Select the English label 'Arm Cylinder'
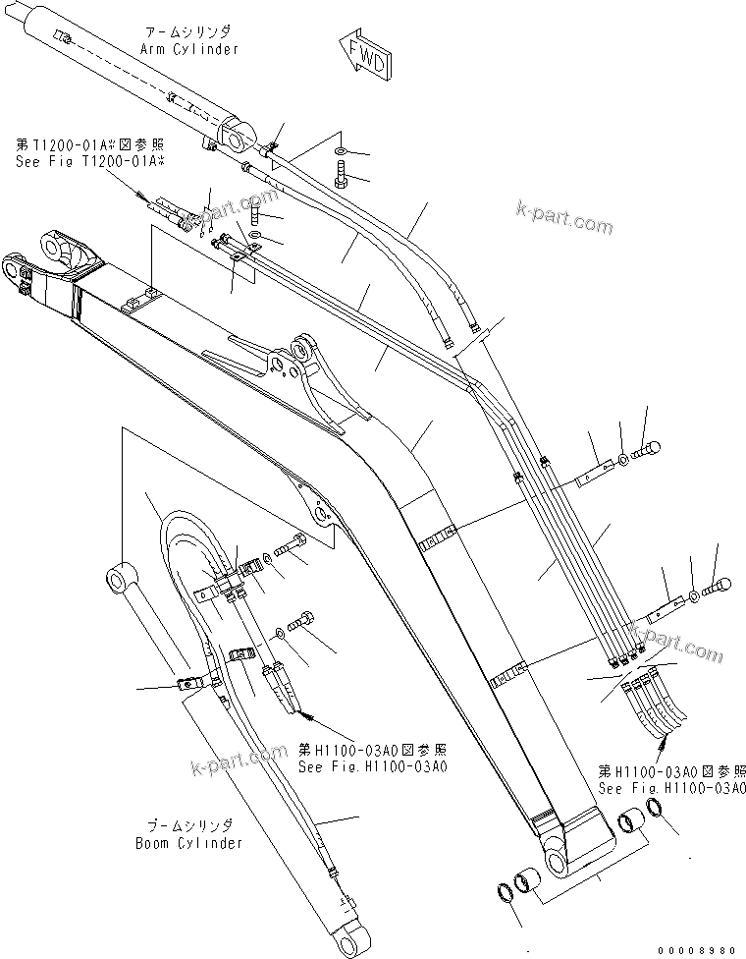190,48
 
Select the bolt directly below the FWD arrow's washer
340,180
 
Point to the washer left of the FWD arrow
339,150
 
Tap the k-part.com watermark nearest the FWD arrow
563,218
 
